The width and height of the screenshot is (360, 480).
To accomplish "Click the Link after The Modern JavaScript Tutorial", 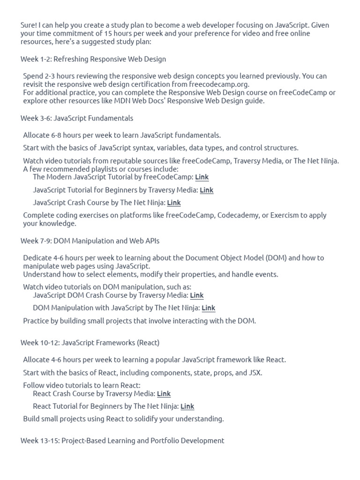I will pos(202,177).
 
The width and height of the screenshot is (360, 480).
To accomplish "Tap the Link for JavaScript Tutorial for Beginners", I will pos(206,190).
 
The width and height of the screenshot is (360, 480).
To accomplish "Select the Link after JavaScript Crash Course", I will pos(173,202).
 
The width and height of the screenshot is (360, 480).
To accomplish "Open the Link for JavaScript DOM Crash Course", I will pos(196,295).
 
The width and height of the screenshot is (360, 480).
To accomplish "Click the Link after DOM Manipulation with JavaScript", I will pos(208,308).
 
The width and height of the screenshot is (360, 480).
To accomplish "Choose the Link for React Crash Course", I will pos(164,394).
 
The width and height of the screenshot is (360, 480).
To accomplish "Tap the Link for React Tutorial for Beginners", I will pos(187,406).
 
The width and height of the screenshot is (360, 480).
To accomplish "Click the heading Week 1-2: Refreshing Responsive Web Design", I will pos(93,59).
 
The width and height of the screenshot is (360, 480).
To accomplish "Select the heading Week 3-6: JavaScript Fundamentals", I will pos(76,118).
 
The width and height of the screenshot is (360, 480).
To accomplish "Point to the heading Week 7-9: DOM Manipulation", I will pos(90,241).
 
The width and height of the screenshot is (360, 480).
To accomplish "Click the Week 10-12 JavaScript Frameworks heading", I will pos(90,343).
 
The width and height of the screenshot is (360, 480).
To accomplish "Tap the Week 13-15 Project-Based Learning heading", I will pos(122,441).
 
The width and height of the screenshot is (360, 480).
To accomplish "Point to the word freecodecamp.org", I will pos(219,84).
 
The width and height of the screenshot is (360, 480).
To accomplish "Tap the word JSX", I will pos(255,373).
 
